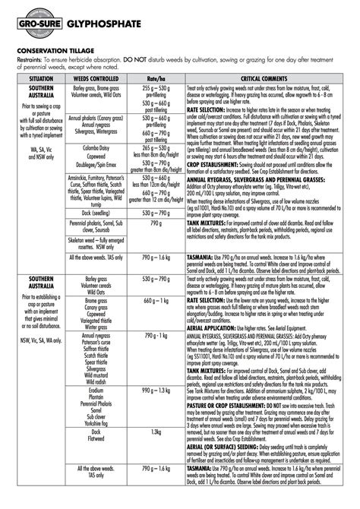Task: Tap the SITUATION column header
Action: (x=35, y=79)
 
